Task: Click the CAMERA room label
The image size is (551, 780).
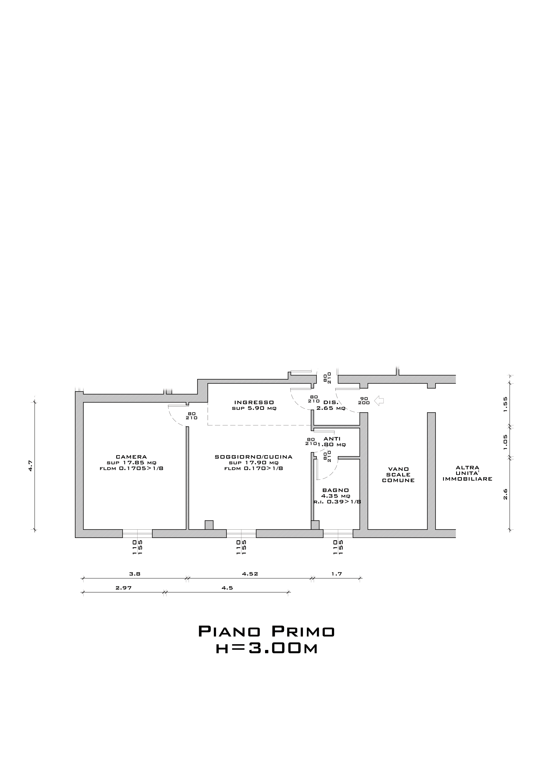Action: [131, 457]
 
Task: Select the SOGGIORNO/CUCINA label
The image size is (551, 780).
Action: [254, 457]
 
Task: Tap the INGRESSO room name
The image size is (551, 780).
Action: [254, 403]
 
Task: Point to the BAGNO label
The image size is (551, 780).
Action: [335, 490]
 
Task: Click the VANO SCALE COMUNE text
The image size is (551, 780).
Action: [398, 474]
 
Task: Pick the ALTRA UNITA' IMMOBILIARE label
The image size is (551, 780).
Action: [467, 473]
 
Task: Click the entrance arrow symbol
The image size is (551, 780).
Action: [379, 401]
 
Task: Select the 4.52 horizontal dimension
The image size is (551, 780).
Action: [250, 574]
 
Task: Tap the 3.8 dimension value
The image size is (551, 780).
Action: [135, 574]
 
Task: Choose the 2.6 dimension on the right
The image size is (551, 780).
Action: [505, 494]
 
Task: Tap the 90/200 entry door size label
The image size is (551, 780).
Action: [364, 400]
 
